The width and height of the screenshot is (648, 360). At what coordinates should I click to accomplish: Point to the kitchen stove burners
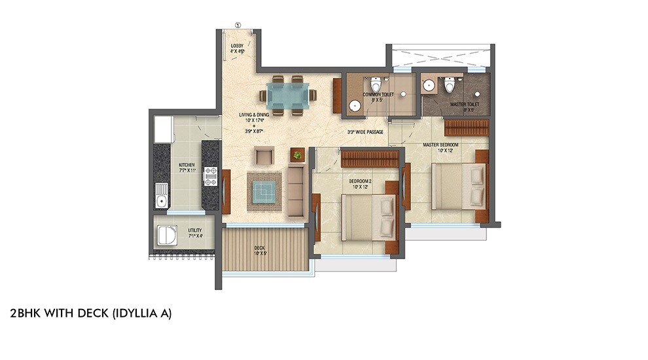[211, 176]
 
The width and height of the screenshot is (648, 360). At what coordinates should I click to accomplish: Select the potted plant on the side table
[298, 155]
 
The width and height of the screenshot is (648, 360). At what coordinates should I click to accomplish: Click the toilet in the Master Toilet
[449, 85]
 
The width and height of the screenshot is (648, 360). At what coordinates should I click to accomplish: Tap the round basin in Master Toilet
[429, 85]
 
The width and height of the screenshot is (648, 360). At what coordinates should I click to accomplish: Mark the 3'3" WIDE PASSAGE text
[365, 132]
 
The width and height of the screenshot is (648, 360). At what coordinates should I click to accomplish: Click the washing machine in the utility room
[166, 235]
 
